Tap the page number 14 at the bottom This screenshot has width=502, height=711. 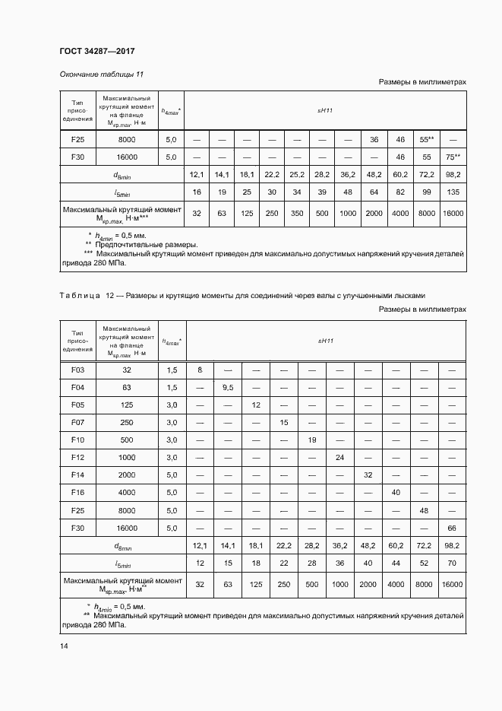64,646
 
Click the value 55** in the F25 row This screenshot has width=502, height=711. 426,140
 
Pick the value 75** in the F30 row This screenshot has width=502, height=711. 453,157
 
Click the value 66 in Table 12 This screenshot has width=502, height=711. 453,527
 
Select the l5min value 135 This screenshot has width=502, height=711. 453,192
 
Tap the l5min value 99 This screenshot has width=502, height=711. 426,192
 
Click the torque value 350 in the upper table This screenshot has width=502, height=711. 296,214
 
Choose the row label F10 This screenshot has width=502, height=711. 77,440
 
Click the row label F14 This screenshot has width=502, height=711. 77,475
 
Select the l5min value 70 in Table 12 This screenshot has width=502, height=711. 453,563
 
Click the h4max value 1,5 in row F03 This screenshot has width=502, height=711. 171,370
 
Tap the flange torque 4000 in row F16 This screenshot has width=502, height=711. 127,492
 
